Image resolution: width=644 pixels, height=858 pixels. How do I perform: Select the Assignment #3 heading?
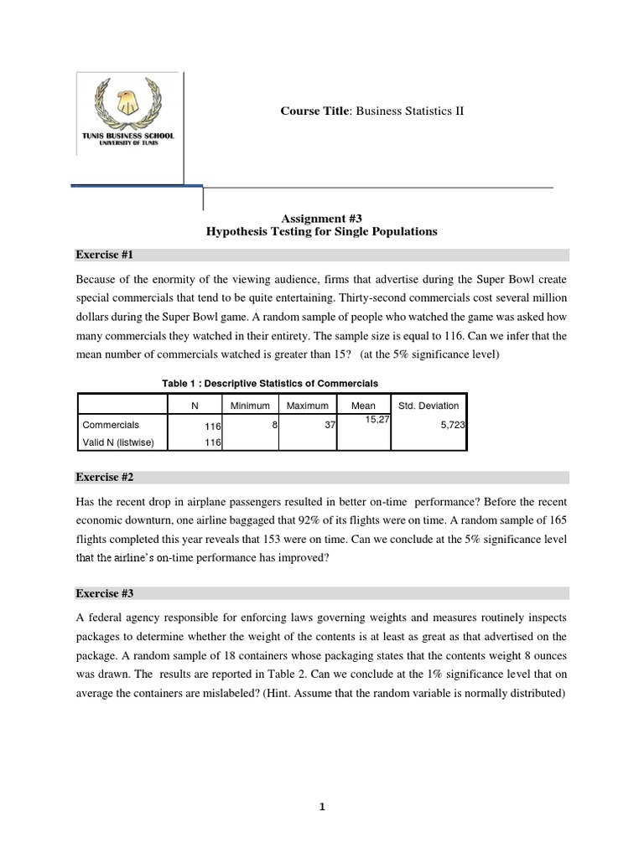tap(322, 216)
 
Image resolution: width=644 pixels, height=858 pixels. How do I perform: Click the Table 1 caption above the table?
tap(270, 383)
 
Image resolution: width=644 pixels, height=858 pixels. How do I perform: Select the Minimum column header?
tap(250, 406)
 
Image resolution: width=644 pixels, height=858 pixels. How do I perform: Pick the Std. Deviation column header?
tap(428, 406)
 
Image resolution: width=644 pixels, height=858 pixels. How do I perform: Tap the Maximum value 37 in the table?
tap(330, 426)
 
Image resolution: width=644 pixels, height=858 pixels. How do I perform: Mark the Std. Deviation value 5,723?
tap(453, 426)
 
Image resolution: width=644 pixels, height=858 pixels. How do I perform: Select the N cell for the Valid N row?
tap(212, 442)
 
